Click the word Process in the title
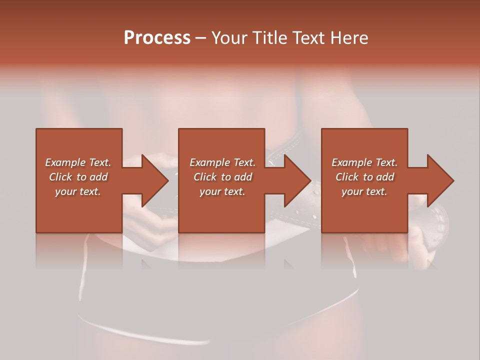pos(157,38)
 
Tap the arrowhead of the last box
pos(439,180)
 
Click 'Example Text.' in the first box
pos(78,162)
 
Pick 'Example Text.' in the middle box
pos(222,162)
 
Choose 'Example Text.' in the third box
pos(364,162)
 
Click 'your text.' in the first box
pos(78,191)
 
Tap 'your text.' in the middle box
pos(222,191)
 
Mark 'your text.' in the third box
pos(364,191)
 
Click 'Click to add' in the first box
pos(78,177)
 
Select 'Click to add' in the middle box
pos(222,177)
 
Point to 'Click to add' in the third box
pos(364,177)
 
